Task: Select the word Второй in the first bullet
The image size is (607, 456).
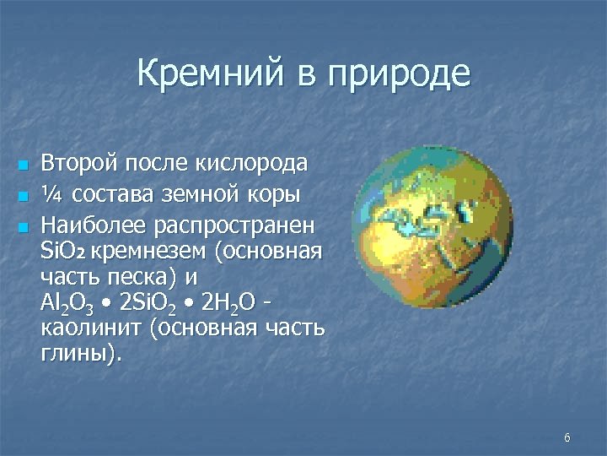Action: [x=78, y=162]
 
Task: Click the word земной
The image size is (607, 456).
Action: [x=210, y=195]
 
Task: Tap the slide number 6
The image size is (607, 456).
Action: [x=567, y=437]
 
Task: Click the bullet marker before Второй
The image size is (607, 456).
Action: [x=23, y=163]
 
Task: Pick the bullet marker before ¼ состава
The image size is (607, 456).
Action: [x=23, y=196]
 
